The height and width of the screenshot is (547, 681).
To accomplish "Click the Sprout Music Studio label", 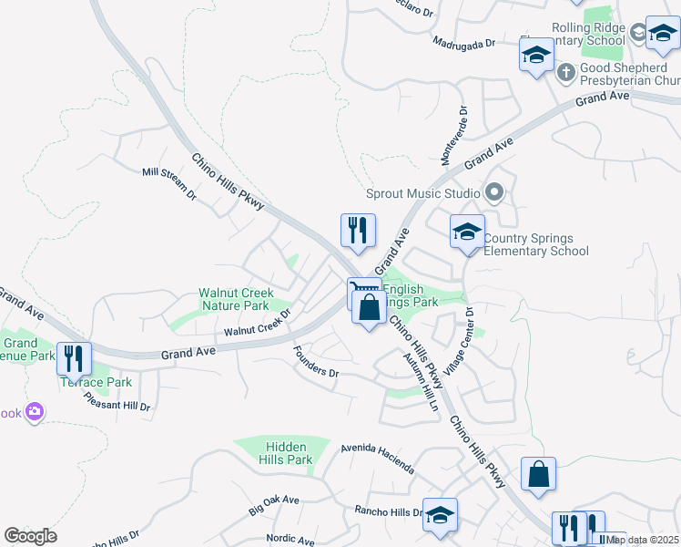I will [x=422, y=193].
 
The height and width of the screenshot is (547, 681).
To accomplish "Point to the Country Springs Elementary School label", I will [x=535, y=245].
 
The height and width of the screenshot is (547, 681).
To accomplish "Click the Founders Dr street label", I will [x=316, y=361].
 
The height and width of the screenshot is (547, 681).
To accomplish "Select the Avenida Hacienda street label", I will [x=377, y=459].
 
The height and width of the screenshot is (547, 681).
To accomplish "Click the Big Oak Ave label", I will [x=274, y=506].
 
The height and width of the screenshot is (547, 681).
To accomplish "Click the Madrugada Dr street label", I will [x=463, y=43].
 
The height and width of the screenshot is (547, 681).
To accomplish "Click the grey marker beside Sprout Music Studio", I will [x=494, y=192].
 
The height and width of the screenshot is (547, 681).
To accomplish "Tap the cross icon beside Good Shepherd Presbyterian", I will [x=564, y=70].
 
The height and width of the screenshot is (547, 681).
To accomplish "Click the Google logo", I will [x=30, y=536].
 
